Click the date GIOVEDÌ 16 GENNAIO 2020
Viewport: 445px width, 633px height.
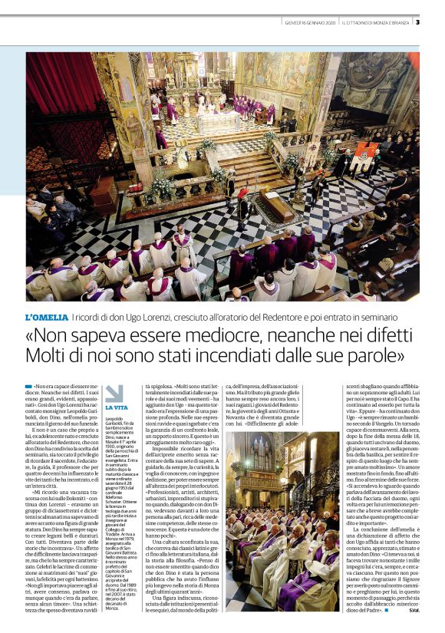(310, 21)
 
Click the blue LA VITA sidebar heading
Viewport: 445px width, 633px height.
(117, 407)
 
